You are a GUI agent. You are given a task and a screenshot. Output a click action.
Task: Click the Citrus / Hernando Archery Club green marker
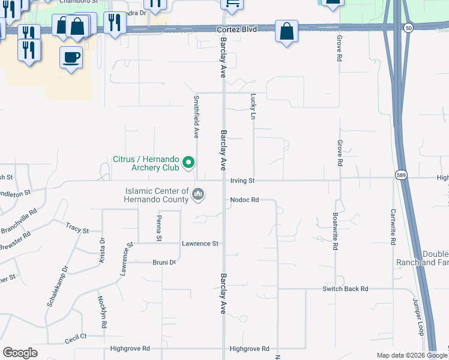(188, 162)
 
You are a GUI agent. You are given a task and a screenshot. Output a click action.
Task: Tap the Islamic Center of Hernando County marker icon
(198, 194)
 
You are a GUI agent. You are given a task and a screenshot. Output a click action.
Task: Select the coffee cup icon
(71, 58)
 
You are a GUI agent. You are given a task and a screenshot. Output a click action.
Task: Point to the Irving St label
(243, 181)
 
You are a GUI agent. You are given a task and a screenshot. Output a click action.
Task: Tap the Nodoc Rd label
(243, 200)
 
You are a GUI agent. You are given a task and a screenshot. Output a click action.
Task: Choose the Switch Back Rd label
(345, 289)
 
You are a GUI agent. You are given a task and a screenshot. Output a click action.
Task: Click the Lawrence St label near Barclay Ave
(200, 244)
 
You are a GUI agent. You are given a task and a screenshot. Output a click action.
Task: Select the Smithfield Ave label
(196, 116)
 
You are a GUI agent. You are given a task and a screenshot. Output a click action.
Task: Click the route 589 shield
(402, 174)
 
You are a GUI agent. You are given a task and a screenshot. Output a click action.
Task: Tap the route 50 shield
(408, 28)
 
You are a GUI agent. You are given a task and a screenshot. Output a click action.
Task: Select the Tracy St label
(77, 230)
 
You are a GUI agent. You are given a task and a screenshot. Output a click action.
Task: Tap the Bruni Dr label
(164, 262)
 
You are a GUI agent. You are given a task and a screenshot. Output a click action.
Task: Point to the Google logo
(20, 353)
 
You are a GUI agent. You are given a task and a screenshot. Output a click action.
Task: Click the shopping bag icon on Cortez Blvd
(287, 31)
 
